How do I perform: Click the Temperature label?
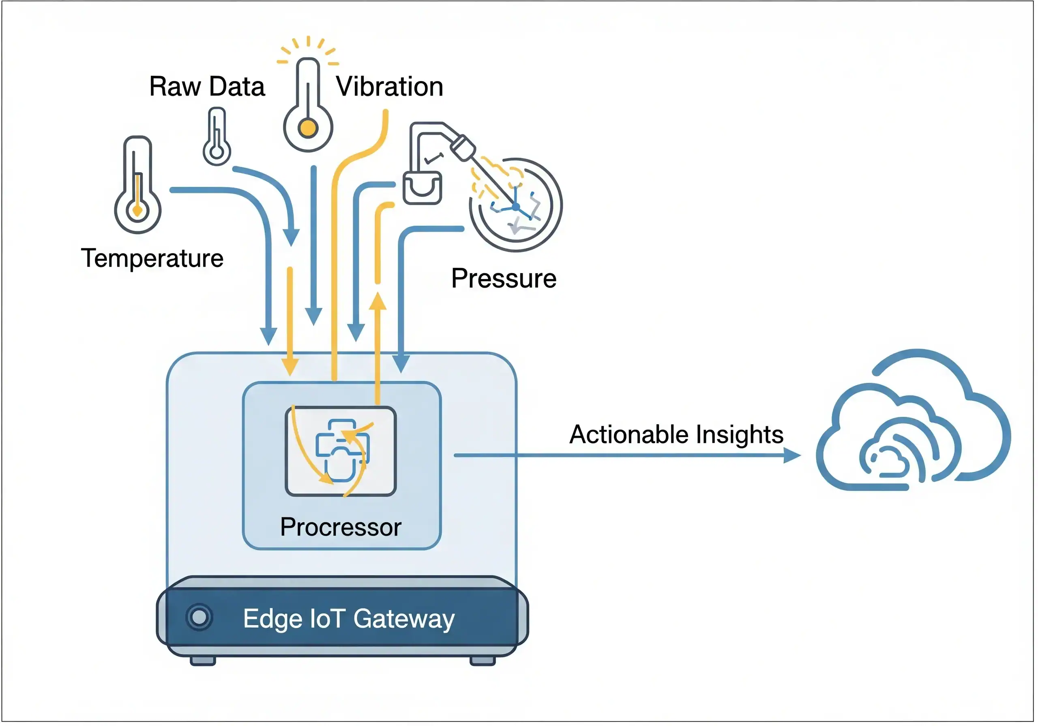[152, 258]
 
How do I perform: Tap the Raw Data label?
[207, 86]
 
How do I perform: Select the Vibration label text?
[389, 86]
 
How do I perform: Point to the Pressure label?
[504, 278]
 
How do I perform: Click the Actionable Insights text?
[676, 435]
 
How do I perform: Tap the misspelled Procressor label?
[341, 527]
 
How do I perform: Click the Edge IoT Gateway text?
[349, 619]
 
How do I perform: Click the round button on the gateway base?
[199, 617]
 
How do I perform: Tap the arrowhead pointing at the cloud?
[792, 455]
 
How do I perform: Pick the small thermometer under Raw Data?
[217, 137]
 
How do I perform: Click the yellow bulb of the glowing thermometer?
[308, 128]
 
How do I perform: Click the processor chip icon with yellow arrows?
[341, 451]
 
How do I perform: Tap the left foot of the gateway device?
[203, 661]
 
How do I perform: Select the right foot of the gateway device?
[483, 661]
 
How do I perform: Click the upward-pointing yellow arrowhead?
[377, 301]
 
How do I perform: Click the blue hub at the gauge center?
[516, 207]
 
